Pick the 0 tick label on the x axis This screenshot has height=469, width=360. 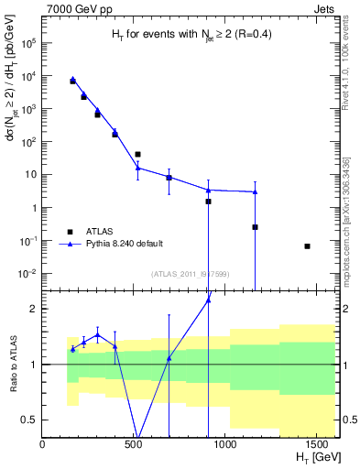(43, 444)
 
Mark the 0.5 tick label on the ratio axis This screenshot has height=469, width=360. (28, 420)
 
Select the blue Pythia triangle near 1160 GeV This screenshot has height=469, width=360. (255, 191)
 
